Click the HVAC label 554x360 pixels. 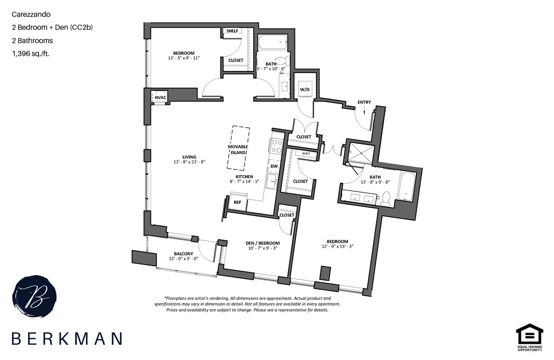160,98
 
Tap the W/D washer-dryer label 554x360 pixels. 305,89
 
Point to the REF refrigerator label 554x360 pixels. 237,202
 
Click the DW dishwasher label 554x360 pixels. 274,166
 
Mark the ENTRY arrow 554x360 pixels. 364,111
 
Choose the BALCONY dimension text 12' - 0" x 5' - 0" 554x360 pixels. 184,259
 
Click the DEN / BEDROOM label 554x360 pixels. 263,243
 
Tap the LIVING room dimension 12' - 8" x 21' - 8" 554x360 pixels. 189,162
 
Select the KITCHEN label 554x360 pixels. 244,176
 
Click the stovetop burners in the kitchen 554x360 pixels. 277,146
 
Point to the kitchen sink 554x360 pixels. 272,181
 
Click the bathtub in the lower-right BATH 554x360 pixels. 407,186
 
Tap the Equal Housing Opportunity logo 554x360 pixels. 529,338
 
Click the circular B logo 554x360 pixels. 34,297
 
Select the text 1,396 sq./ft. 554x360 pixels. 31,54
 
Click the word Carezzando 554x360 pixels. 31,14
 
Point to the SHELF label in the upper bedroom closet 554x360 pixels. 232,31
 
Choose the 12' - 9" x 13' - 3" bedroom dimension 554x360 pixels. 338,246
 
